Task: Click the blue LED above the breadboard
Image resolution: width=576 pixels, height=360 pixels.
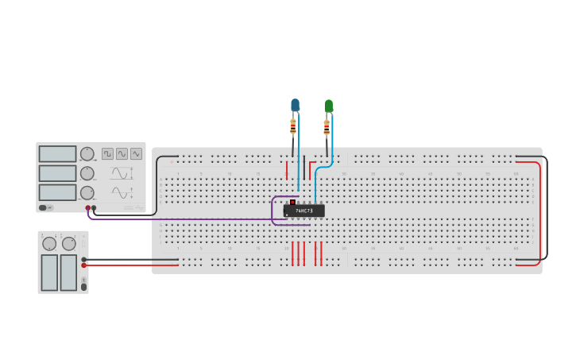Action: tap(295, 105)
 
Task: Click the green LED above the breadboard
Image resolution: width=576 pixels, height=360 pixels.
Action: tap(329, 105)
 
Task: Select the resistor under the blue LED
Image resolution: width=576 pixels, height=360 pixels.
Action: tap(293, 126)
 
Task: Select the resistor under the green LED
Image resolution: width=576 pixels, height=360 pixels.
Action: tap(327, 126)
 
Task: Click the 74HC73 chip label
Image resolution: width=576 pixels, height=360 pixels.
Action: tap(303, 211)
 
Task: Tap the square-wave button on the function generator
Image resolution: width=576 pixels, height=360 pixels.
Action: tap(107, 153)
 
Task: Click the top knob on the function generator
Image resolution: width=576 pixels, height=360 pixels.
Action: tap(87, 153)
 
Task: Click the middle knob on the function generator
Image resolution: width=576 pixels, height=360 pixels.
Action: tap(87, 173)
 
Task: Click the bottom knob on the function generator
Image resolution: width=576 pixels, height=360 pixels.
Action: tap(87, 192)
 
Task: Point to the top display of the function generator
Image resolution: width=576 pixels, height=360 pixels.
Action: tap(57, 153)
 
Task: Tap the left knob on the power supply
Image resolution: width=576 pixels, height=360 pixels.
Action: tap(49, 244)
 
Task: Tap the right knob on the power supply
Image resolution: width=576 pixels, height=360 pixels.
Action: tap(69, 244)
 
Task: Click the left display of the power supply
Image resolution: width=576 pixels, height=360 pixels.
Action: tap(49, 273)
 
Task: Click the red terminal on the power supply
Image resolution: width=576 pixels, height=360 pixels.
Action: tap(84, 265)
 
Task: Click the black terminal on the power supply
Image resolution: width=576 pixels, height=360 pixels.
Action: tap(84, 259)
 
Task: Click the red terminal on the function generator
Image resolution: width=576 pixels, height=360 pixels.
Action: tap(88, 208)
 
